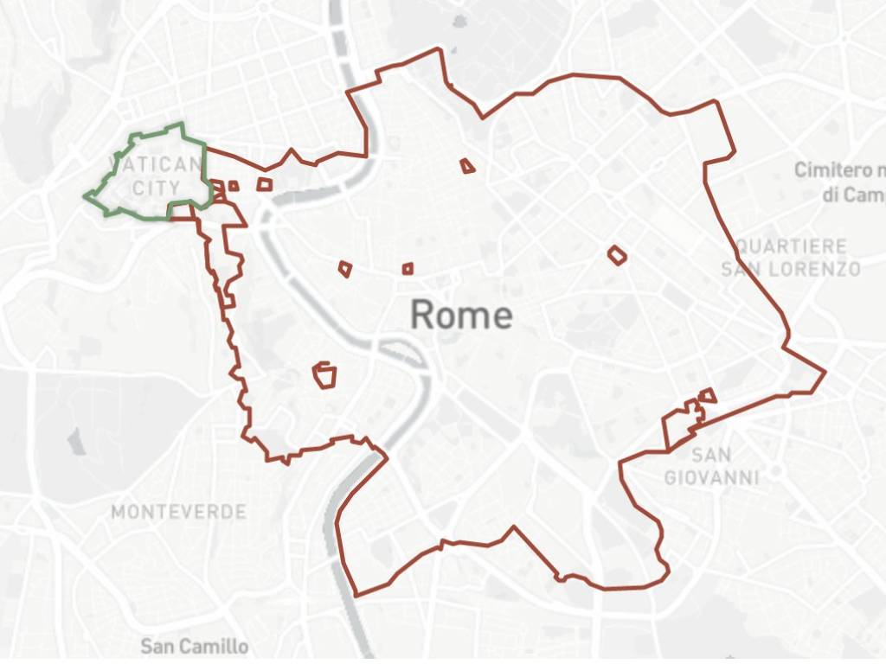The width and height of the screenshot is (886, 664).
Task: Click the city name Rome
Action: (461, 315)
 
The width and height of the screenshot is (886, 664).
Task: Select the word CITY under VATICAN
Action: (157, 188)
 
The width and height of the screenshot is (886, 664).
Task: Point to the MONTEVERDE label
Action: (178, 512)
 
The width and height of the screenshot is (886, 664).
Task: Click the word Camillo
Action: (215, 646)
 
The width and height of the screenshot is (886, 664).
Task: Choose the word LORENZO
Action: (811, 269)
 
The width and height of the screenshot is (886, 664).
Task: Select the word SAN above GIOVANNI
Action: (711, 455)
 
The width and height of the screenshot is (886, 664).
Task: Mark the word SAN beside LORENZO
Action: (740, 269)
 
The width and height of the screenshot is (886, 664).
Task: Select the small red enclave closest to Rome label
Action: (408, 269)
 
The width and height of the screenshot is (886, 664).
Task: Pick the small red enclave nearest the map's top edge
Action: (467, 165)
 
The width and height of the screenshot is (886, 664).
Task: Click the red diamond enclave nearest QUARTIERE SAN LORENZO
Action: (616, 254)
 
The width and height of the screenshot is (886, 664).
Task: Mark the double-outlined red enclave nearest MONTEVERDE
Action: (324, 374)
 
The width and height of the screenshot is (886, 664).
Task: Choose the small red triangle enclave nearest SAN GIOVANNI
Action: (709, 395)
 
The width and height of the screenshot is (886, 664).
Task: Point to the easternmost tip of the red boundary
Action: (825, 373)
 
